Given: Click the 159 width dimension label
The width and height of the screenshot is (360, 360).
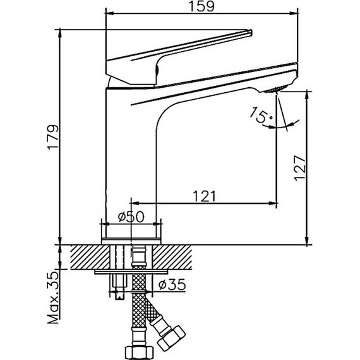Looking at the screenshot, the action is pyautogui.click(x=201, y=6).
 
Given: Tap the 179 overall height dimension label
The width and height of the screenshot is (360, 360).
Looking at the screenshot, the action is pyautogui.click(x=53, y=137).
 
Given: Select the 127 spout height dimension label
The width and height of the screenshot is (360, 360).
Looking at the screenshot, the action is pyautogui.click(x=300, y=168).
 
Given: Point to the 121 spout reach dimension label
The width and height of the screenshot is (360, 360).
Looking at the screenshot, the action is pyautogui.click(x=204, y=196).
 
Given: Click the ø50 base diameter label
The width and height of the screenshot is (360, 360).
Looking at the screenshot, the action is pyautogui.click(x=131, y=217).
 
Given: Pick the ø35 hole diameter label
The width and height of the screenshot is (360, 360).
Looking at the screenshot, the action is pyautogui.click(x=172, y=284).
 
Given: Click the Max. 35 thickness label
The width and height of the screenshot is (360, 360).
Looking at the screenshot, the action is pyautogui.click(x=53, y=297).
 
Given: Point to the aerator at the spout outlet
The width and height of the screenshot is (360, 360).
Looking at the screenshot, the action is pyautogui.click(x=276, y=89).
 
